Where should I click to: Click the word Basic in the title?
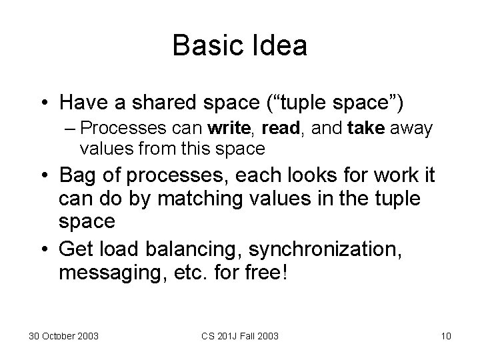pyautogui.click(x=204, y=47)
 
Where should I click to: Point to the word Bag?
pyautogui.click(x=79, y=176)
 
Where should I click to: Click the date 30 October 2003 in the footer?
pyautogui.click(x=64, y=335)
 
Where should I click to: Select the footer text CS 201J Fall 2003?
pyautogui.click(x=241, y=335)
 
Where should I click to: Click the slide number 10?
pyautogui.click(x=445, y=335)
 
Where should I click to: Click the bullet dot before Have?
pyautogui.click(x=43, y=104)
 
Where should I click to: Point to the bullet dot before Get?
pyautogui.click(x=43, y=251)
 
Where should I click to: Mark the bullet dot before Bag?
pyautogui.click(x=43, y=177)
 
